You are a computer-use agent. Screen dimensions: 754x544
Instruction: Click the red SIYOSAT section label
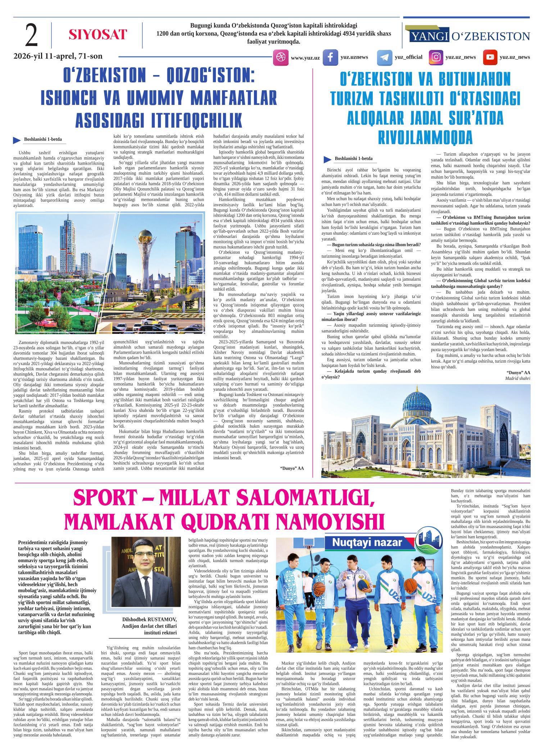(x=98, y=35)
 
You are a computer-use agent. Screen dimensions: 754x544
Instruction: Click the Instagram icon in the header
(x=436, y=58)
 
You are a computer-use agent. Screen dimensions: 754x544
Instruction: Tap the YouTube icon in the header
(x=490, y=58)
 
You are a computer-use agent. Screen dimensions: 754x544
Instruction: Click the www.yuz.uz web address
(x=305, y=58)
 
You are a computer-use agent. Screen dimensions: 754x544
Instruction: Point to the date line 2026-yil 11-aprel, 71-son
(x=58, y=56)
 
